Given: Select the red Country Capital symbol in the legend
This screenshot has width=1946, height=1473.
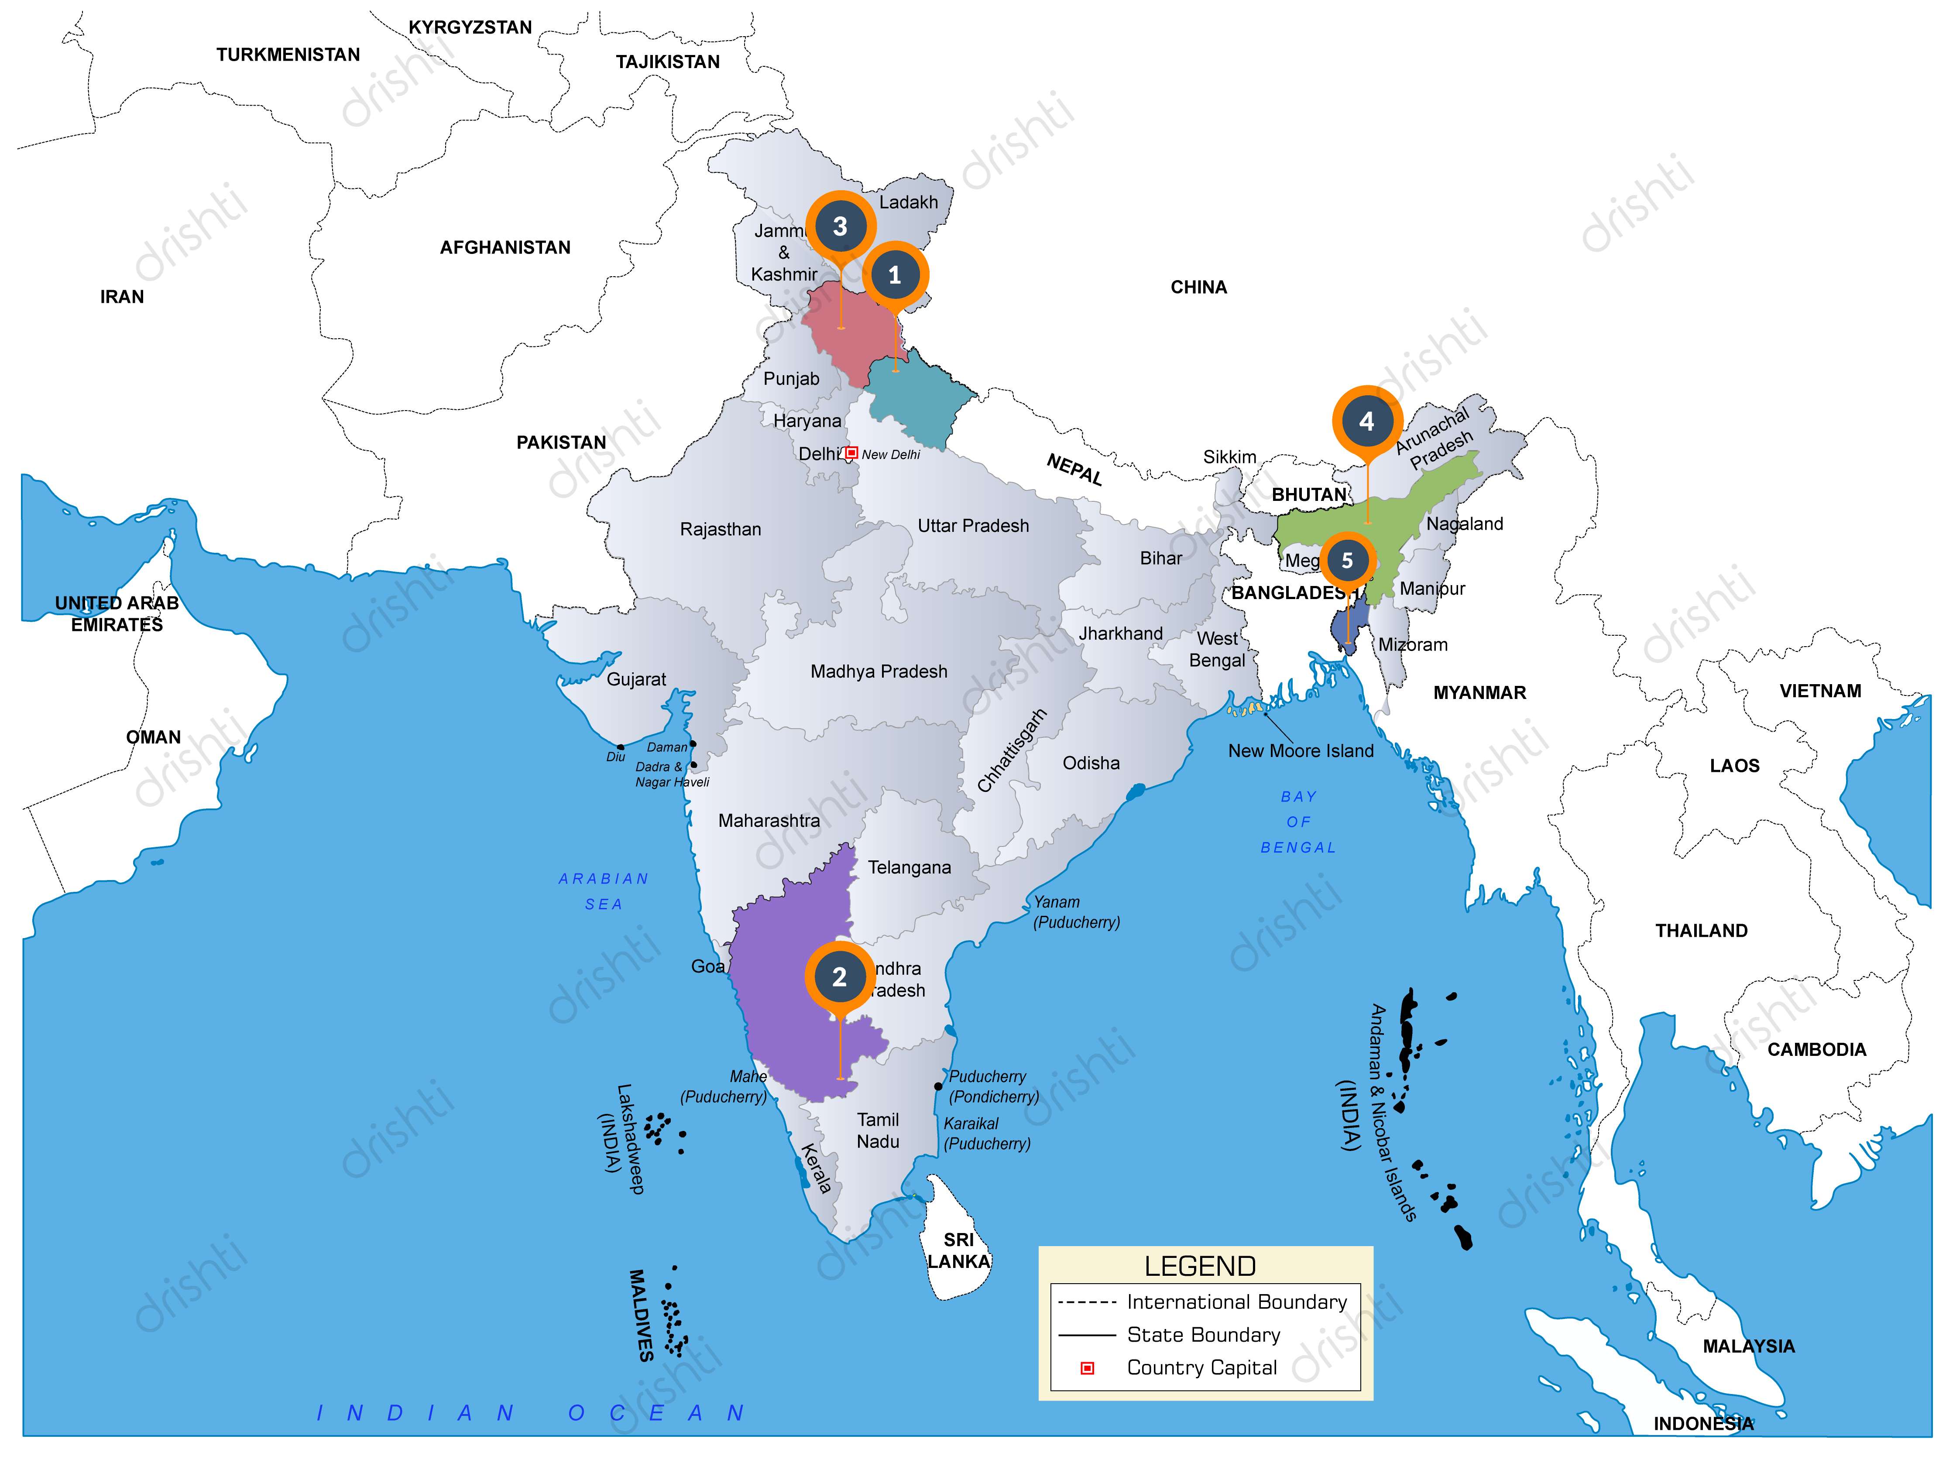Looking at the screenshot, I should (1088, 1368).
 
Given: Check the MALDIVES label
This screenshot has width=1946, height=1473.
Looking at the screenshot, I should (642, 1315).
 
